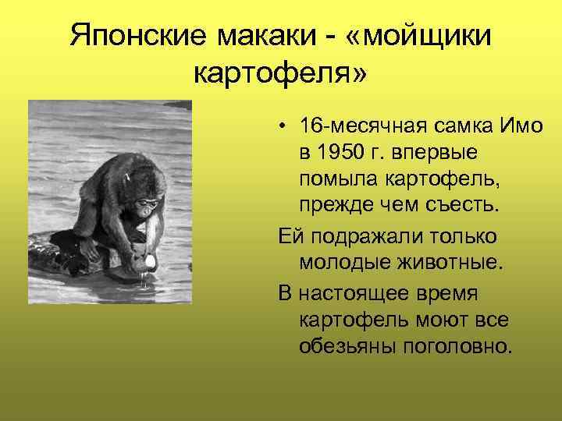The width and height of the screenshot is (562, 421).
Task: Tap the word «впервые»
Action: (437, 154)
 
